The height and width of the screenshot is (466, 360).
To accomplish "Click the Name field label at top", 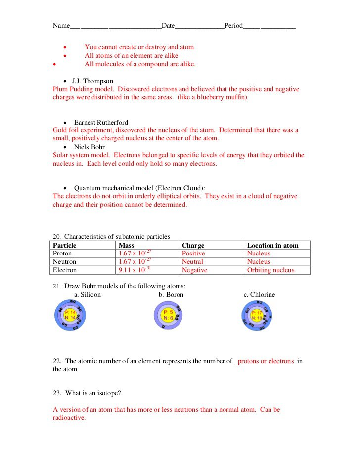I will point(61,26).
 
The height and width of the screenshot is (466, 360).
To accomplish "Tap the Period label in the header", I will point(233,26).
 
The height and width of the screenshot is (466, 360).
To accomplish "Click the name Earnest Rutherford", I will point(101,122).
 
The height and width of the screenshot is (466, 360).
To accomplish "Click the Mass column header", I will point(127,245).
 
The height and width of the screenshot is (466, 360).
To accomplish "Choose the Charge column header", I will point(193,245).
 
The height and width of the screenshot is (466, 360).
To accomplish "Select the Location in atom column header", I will point(272,245).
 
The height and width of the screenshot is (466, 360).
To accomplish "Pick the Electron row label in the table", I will point(65,270).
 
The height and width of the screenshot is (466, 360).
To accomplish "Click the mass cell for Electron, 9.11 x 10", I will point(135,270).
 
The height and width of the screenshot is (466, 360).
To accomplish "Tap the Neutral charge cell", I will point(192,262).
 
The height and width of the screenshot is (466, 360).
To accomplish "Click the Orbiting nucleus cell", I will point(270,270).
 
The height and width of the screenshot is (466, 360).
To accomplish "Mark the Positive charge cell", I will point(193,254).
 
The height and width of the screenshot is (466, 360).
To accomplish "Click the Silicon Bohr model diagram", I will point(71,315).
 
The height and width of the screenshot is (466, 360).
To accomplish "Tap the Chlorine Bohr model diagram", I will point(257,315).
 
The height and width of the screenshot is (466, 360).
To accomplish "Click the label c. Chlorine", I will point(259,295).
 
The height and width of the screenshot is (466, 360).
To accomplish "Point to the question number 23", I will point(56,393).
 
